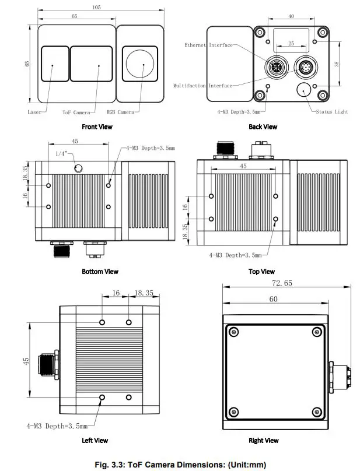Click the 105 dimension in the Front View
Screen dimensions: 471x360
(x=96, y=8)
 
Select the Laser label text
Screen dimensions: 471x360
(x=34, y=112)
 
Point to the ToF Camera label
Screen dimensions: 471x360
(x=76, y=112)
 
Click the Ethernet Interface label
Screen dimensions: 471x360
(x=208, y=45)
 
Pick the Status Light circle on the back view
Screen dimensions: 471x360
(x=304, y=90)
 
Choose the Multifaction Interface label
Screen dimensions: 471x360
(x=202, y=86)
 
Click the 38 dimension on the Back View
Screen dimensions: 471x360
(x=337, y=65)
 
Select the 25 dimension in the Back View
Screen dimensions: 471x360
(x=291, y=43)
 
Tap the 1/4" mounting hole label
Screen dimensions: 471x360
(x=61, y=153)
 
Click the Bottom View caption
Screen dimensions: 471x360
(x=100, y=272)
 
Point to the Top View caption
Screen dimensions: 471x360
(x=261, y=272)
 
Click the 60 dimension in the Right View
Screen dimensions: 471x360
(x=273, y=299)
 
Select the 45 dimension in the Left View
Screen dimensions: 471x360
(x=26, y=361)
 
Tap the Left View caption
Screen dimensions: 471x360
(x=95, y=441)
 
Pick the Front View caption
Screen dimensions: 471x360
(x=97, y=126)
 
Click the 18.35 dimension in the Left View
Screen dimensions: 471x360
(x=144, y=293)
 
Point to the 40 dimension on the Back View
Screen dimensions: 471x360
(x=291, y=17)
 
